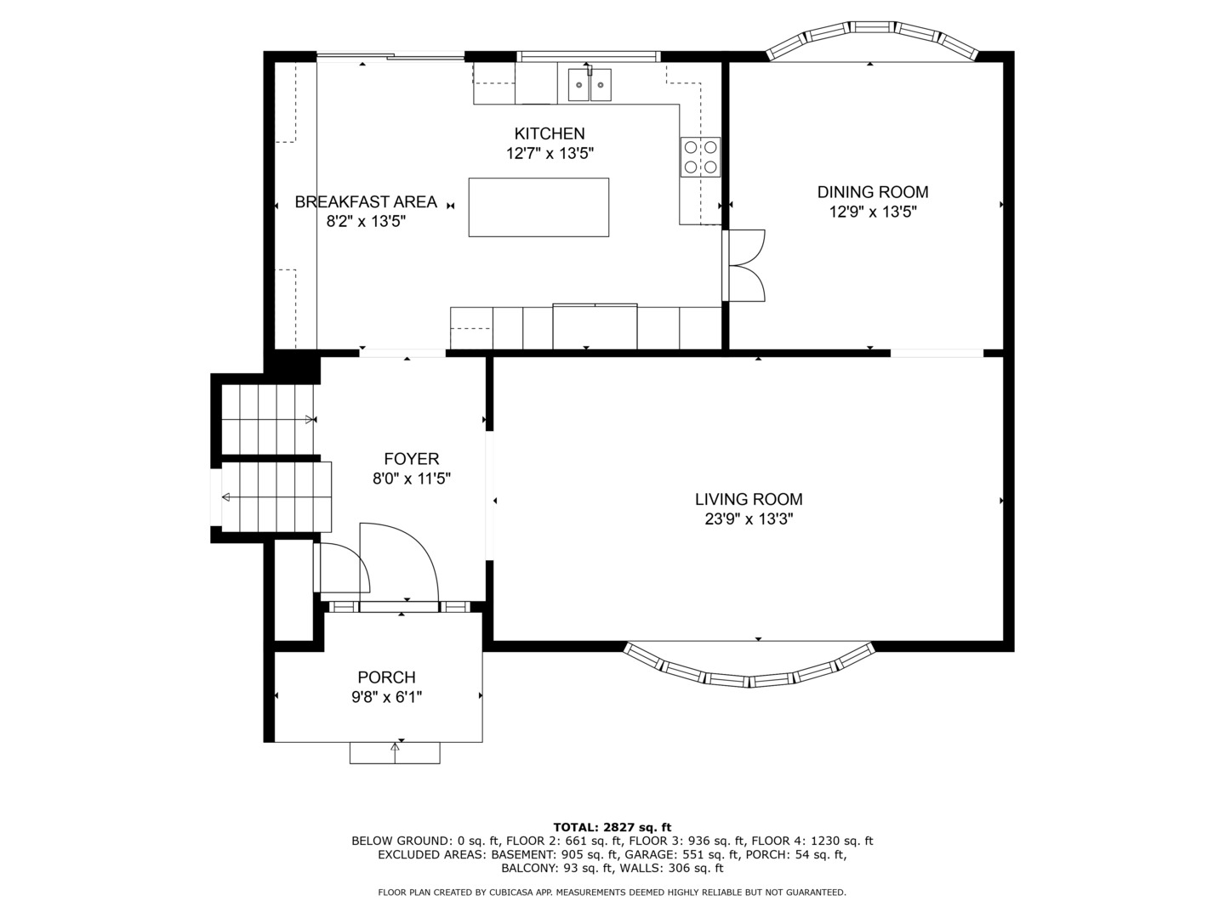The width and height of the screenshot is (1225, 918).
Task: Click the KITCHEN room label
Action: tap(550, 133)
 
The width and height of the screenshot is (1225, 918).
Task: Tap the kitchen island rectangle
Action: tap(538, 207)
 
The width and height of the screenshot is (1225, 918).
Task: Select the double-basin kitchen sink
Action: tap(590, 85)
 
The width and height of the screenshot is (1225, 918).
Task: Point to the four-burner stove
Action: tap(700, 157)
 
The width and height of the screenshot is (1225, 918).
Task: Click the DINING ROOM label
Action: tap(873, 192)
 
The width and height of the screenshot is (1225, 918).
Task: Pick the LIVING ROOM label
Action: tap(749, 500)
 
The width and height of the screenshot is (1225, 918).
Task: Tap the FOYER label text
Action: tap(411, 459)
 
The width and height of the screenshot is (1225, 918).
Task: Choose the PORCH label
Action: tap(387, 677)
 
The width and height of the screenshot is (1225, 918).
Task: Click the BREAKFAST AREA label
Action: tap(366, 201)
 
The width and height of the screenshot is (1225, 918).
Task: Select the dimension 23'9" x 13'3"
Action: tap(749, 519)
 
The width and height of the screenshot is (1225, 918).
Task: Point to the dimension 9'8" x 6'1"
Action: tap(387, 697)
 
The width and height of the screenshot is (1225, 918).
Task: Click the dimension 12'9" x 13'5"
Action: tap(873, 212)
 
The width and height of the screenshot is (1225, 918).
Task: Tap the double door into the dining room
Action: tap(744, 266)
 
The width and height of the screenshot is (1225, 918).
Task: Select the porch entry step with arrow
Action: tap(395, 753)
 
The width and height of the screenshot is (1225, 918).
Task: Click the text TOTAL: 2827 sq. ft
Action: tap(612, 827)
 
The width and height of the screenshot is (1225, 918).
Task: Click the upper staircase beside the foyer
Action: tap(268, 420)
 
